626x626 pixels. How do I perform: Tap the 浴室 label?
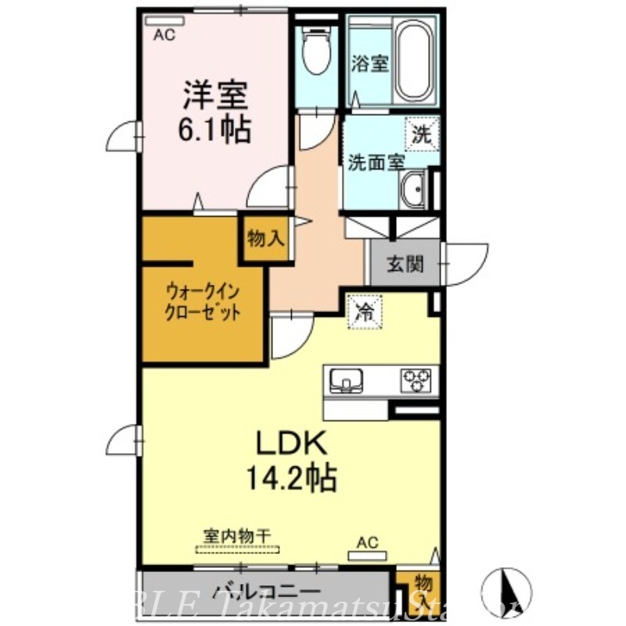point(369,63)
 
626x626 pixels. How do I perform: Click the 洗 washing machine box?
point(421,133)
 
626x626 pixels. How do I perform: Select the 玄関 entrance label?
point(405,264)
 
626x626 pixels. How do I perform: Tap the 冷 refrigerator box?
point(365,311)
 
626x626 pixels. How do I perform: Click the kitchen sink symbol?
point(345,381)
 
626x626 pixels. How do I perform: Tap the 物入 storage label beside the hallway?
point(265,239)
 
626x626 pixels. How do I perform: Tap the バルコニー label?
point(266,592)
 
